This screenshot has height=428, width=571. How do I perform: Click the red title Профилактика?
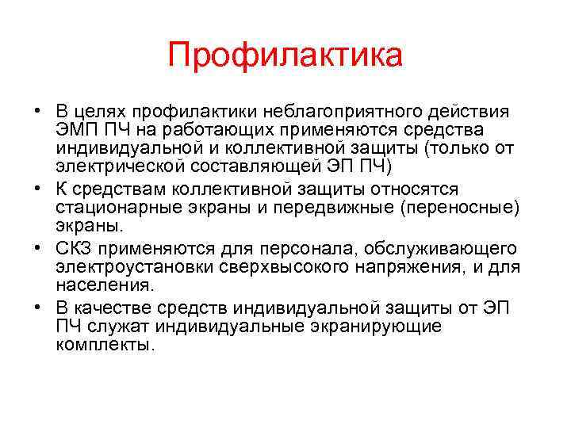click(285, 56)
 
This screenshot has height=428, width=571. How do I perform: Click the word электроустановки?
click(120, 267)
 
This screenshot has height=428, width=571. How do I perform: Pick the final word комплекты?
click(102, 346)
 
